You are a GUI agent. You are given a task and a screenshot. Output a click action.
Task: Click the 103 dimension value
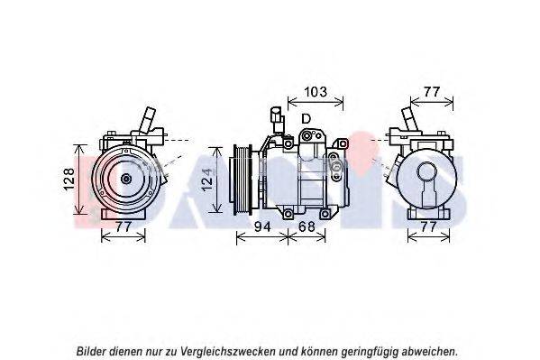[x=316, y=92]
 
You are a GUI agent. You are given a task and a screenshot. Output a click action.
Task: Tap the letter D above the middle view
[x=306, y=118]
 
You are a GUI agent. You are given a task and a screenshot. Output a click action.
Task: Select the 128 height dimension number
[x=69, y=179]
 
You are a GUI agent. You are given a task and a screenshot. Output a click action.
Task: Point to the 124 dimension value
[x=206, y=180]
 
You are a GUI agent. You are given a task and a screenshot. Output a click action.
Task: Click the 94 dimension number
[x=262, y=226]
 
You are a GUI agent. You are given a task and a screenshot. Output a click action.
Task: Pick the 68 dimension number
[x=307, y=226]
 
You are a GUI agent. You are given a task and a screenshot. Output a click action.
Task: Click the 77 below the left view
[x=124, y=226]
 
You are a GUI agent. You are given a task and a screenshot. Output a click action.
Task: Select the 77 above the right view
[x=432, y=92]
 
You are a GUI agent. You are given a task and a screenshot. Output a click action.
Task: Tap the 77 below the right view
[x=428, y=226]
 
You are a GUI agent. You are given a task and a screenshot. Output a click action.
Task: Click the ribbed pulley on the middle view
[x=243, y=180]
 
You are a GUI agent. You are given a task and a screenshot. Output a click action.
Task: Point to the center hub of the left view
[x=126, y=179]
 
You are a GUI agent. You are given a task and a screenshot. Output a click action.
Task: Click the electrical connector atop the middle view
[x=277, y=119]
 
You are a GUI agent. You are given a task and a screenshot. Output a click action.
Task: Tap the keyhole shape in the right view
[x=426, y=184]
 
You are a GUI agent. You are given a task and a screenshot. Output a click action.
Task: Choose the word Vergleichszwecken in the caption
[x=228, y=352]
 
